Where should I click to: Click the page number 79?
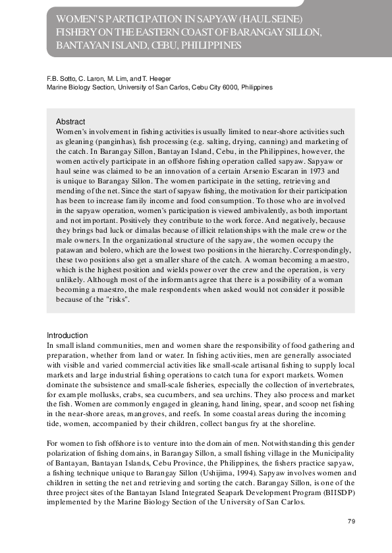point(351,521)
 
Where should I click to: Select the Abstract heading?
point(70,122)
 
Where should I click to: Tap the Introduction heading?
point(67,335)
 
